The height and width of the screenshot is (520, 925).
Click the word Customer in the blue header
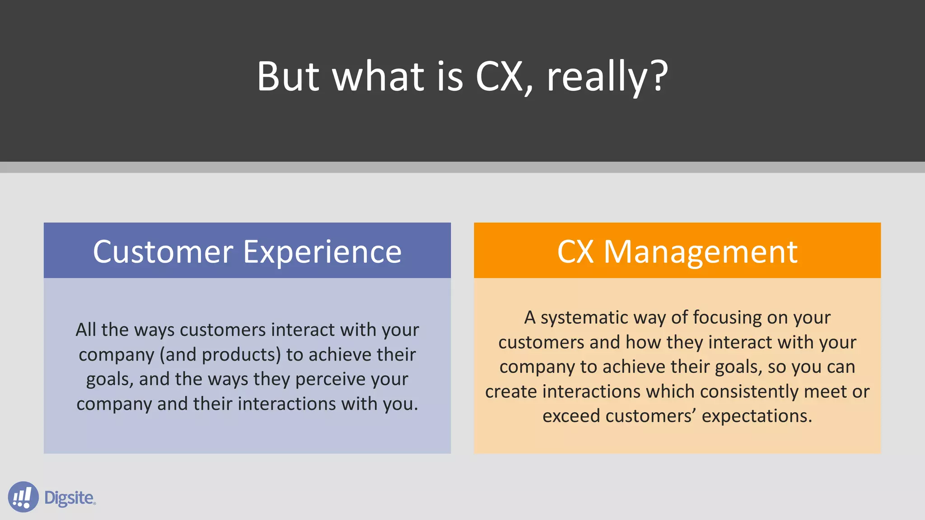tap(163, 252)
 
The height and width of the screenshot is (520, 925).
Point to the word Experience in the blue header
tap(322, 252)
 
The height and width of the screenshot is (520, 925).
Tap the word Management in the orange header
tap(701, 252)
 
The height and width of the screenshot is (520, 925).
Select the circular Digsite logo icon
tap(23, 497)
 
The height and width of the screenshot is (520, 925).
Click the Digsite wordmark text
tap(69, 498)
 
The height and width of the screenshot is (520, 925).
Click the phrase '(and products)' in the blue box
tap(220, 355)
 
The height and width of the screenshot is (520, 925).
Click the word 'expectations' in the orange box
tap(756, 416)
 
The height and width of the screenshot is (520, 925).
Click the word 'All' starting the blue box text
tap(86, 330)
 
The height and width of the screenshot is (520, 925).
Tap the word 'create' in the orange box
tap(511, 392)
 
